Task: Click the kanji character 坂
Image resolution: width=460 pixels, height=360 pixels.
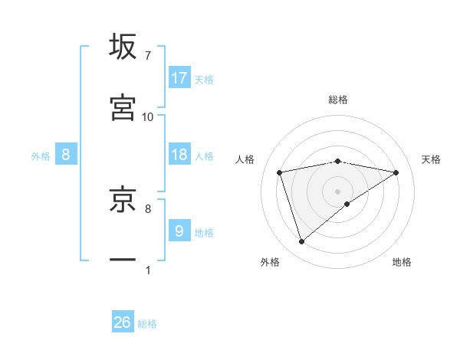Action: click(x=123, y=47)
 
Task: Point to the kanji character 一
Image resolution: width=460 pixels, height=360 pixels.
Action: click(x=123, y=260)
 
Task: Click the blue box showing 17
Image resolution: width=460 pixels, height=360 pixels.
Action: click(x=179, y=78)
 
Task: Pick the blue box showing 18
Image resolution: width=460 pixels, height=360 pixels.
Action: click(x=179, y=155)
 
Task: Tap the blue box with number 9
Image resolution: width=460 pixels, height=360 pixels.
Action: click(x=179, y=231)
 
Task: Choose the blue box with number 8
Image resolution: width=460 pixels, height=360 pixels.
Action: click(x=66, y=155)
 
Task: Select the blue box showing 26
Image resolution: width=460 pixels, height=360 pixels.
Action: click(x=123, y=322)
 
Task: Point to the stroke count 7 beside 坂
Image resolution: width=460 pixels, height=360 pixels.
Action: click(x=147, y=55)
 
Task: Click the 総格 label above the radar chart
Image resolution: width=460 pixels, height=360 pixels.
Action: click(x=338, y=100)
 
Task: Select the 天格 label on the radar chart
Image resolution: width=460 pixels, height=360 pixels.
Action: click(x=431, y=159)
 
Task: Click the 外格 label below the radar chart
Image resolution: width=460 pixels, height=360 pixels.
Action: click(x=269, y=263)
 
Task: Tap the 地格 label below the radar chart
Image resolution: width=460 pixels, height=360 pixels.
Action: click(x=402, y=263)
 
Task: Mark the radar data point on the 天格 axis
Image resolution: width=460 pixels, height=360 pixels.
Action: click(x=396, y=172)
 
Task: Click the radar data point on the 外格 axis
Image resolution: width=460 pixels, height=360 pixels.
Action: click(x=302, y=241)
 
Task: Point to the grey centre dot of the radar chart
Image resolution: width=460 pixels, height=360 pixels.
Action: click(x=338, y=191)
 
